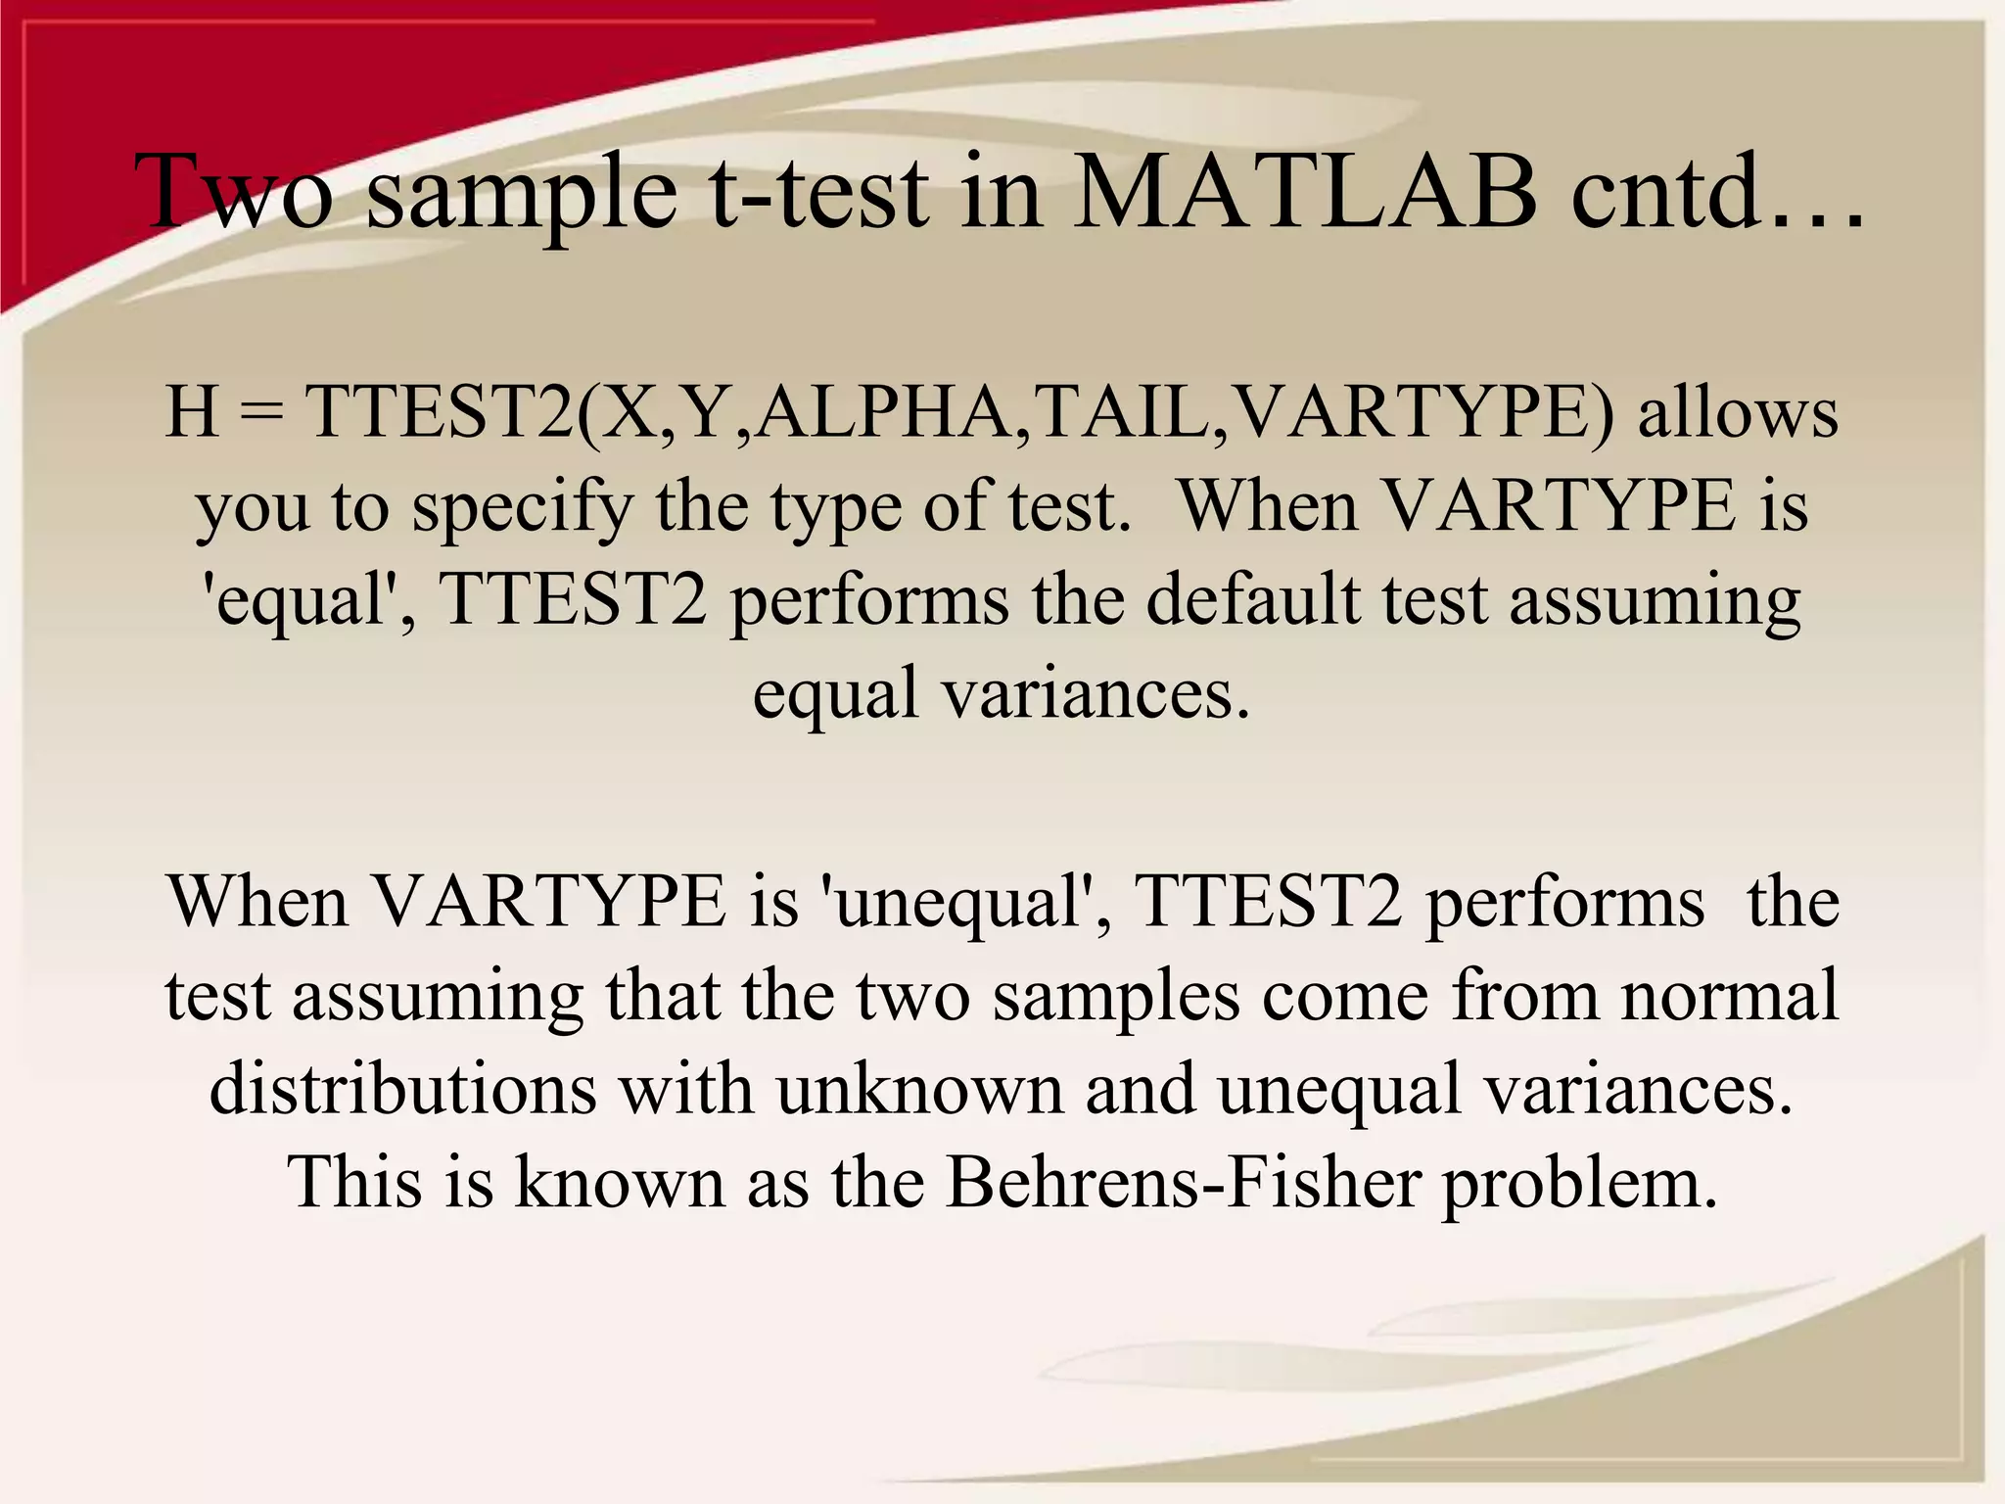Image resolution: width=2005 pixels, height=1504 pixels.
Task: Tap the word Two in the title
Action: [235, 191]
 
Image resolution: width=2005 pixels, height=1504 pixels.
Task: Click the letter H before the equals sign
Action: [192, 411]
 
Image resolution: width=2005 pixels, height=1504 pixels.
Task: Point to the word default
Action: [1252, 599]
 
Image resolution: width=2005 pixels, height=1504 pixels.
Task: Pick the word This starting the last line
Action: [355, 1182]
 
